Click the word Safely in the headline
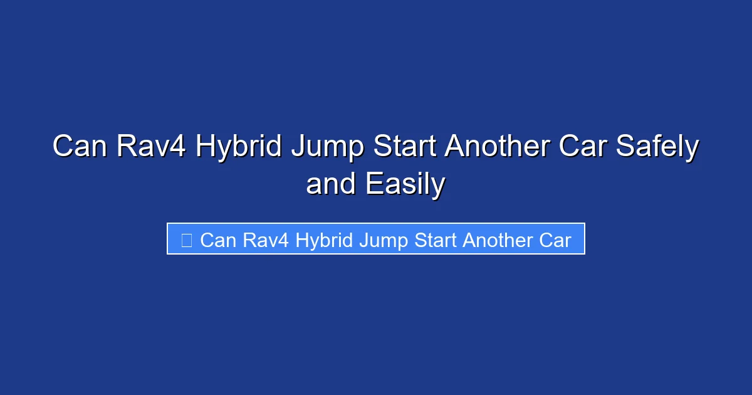[x=657, y=147]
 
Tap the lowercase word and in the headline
[x=331, y=184]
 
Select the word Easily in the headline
[x=405, y=184]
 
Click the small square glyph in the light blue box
[x=186, y=240]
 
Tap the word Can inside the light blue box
[x=217, y=240]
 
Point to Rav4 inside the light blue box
[x=265, y=240]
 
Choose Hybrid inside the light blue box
[x=324, y=240]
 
